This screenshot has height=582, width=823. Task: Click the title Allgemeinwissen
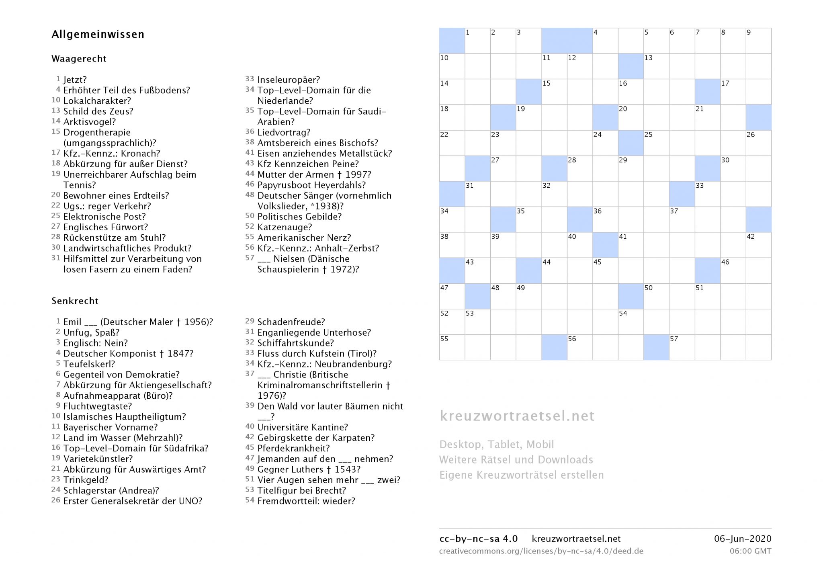tap(98, 35)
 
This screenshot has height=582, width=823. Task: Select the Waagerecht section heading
tap(79, 59)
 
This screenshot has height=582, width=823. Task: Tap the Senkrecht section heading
tap(75, 301)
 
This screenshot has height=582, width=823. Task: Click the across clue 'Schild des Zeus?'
tap(98, 111)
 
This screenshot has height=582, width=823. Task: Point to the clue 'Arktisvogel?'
tap(89, 122)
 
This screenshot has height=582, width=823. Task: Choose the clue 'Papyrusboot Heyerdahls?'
tap(311, 185)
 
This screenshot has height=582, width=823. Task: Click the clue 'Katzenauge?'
tap(285, 227)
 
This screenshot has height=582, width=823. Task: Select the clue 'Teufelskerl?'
tap(89, 364)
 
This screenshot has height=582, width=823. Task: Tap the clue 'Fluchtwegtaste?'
tap(98, 406)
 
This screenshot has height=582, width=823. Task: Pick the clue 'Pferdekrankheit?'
tap(293, 448)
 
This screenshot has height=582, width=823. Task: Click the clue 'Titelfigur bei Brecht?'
tap(301, 490)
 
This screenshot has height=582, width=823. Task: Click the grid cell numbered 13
tap(656, 66)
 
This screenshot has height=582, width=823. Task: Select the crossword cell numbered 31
tap(477, 194)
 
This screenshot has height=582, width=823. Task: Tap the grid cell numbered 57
tap(682, 347)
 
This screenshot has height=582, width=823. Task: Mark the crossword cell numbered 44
tap(554, 271)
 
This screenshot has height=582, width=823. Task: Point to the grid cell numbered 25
tap(656, 143)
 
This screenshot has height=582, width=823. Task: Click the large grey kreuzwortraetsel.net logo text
tap(517, 416)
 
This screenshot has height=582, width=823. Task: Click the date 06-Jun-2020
tap(742, 539)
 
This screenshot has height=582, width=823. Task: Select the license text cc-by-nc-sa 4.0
tap(478, 539)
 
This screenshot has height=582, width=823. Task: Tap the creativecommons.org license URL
tap(541, 551)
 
